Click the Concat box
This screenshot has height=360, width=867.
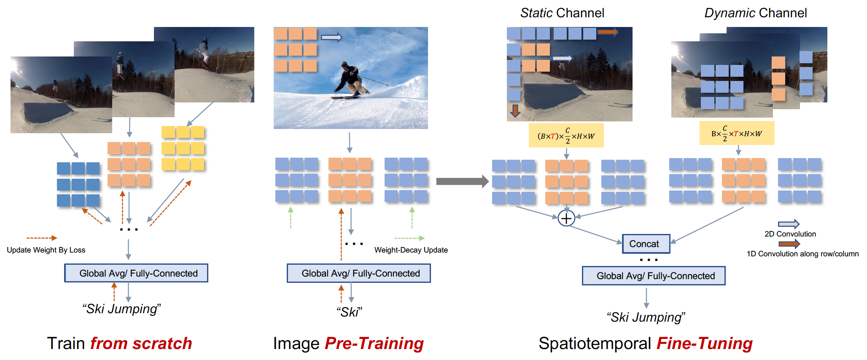click(646, 244)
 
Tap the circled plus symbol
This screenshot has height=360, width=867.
click(566, 218)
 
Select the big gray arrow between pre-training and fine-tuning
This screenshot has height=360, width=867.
click(462, 182)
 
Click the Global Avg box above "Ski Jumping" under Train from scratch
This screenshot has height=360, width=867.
click(136, 273)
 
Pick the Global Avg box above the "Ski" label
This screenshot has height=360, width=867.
click(359, 273)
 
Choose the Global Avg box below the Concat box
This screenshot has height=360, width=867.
click(654, 276)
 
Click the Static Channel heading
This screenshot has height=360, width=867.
click(562, 13)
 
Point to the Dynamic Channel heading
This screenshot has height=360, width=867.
click(756, 13)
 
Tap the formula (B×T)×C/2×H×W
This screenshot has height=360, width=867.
click(566, 136)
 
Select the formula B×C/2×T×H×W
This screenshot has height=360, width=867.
click(737, 134)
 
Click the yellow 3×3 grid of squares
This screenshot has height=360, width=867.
click(183, 148)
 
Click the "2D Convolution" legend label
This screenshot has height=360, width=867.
click(790, 234)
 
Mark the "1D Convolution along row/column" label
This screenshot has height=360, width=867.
click(802, 254)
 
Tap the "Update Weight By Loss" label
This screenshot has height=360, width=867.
click(46, 250)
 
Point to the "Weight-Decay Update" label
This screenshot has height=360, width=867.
click(411, 250)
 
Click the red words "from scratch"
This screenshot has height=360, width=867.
click(141, 344)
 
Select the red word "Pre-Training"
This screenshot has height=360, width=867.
click(374, 344)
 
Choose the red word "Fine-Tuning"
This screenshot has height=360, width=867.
click(705, 344)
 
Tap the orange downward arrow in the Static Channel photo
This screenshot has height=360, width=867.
click(515, 110)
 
